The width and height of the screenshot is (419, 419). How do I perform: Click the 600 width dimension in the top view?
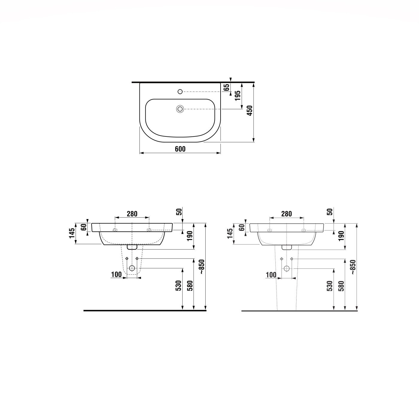(180, 149)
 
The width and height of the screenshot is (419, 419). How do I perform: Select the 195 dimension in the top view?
(238, 96)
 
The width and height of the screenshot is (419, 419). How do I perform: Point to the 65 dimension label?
(227, 87)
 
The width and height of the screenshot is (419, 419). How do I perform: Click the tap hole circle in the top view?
(180, 91)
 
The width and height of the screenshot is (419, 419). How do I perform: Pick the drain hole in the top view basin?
(180, 109)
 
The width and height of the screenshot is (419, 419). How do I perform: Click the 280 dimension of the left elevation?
(132, 214)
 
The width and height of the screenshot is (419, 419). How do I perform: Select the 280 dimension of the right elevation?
(286, 214)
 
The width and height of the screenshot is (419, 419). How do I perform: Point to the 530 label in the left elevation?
(179, 286)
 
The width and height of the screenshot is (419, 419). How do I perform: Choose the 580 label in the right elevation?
(341, 286)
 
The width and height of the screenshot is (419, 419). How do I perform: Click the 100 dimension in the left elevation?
(116, 274)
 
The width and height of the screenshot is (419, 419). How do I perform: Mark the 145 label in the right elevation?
(230, 234)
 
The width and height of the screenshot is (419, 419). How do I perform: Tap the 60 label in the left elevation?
(84, 227)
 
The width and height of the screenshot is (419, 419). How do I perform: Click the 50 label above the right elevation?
(330, 212)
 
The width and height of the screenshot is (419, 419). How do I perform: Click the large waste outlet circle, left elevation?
(132, 268)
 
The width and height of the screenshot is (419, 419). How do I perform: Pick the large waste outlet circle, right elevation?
(286, 268)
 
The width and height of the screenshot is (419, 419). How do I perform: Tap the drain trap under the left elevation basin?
(132, 247)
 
